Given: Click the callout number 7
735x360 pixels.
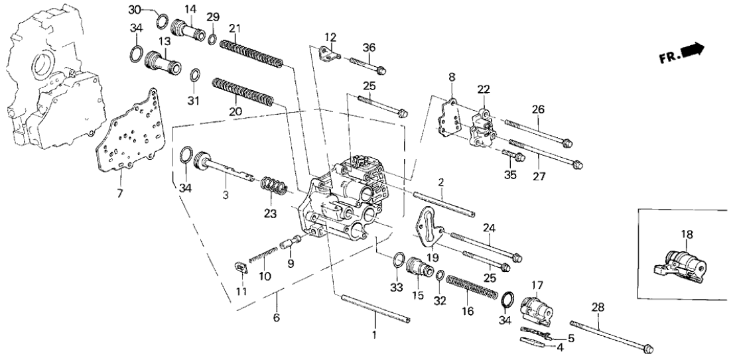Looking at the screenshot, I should coord(121,193).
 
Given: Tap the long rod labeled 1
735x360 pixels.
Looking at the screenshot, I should coord(375,310).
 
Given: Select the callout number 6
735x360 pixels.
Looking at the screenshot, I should coord(276,318).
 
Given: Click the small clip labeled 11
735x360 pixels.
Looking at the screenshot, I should coord(241,269).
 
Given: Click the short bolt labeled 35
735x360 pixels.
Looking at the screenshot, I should coord(515,156).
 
